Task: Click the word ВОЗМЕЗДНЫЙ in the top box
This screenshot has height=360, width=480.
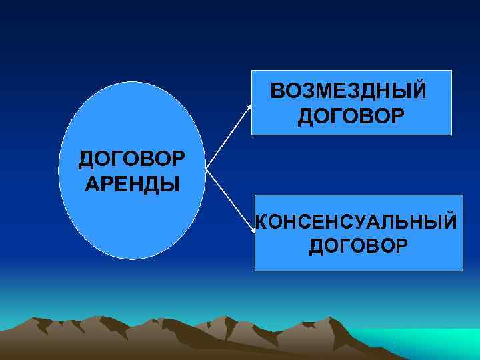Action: pos(347,91)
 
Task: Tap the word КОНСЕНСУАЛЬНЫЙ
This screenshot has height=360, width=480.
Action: pos(357,221)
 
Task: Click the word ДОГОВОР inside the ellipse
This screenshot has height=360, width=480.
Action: pos(132,160)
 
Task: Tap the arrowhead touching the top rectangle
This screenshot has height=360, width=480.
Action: pos(251,104)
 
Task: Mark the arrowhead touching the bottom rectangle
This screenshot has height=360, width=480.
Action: pos(253,230)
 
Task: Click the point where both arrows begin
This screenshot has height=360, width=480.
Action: pos(205,167)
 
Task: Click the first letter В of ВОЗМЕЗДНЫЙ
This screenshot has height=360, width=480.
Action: pos(277,91)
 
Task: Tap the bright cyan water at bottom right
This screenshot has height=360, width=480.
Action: pos(433,343)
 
